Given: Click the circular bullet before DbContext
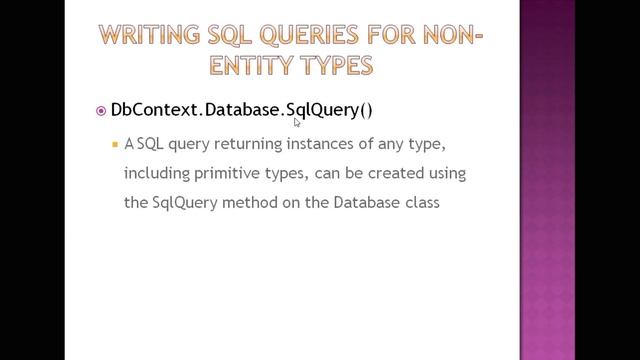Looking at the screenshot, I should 100,111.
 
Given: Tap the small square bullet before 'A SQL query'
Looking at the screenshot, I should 115,144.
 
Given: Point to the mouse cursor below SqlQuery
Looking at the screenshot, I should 297,123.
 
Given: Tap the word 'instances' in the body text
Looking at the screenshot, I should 307,144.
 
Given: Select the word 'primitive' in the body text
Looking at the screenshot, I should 226,173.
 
